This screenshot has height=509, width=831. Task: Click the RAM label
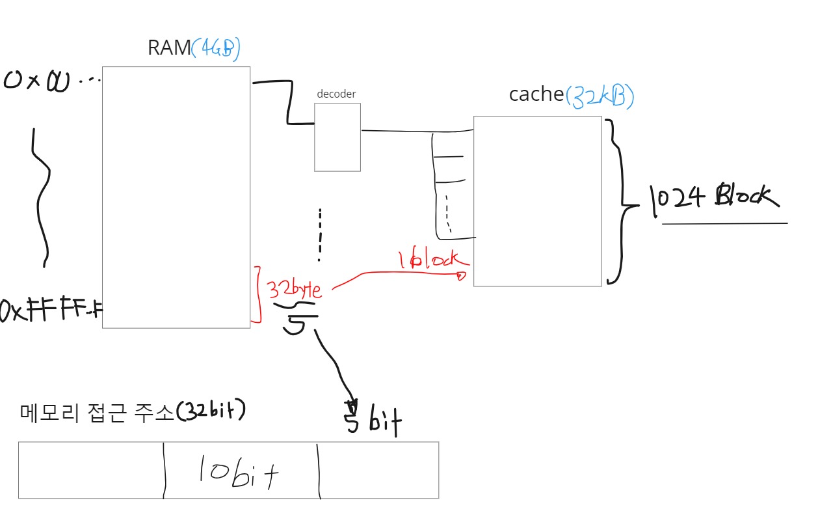pyautogui.click(x=169, y=48)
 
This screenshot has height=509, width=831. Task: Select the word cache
pyautogui.click(x=536, y=94)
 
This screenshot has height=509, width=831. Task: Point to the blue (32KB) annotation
pyautogui.click(x=599, y=96)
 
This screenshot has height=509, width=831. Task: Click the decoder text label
pyautogui.click(x=336, y=94)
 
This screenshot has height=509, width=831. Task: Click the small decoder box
pyautogui.click(x=337, y=137)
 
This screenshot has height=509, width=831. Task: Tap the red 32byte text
pyautogui.click(x=295, y=288)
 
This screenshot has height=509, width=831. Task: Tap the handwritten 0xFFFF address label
pyautogui.click(x=51, y=310)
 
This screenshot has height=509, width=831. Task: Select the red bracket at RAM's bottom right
pyautogui.click(x=257, y=294)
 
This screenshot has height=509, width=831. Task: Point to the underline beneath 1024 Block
pyautogui.click(x=724, y=223)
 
